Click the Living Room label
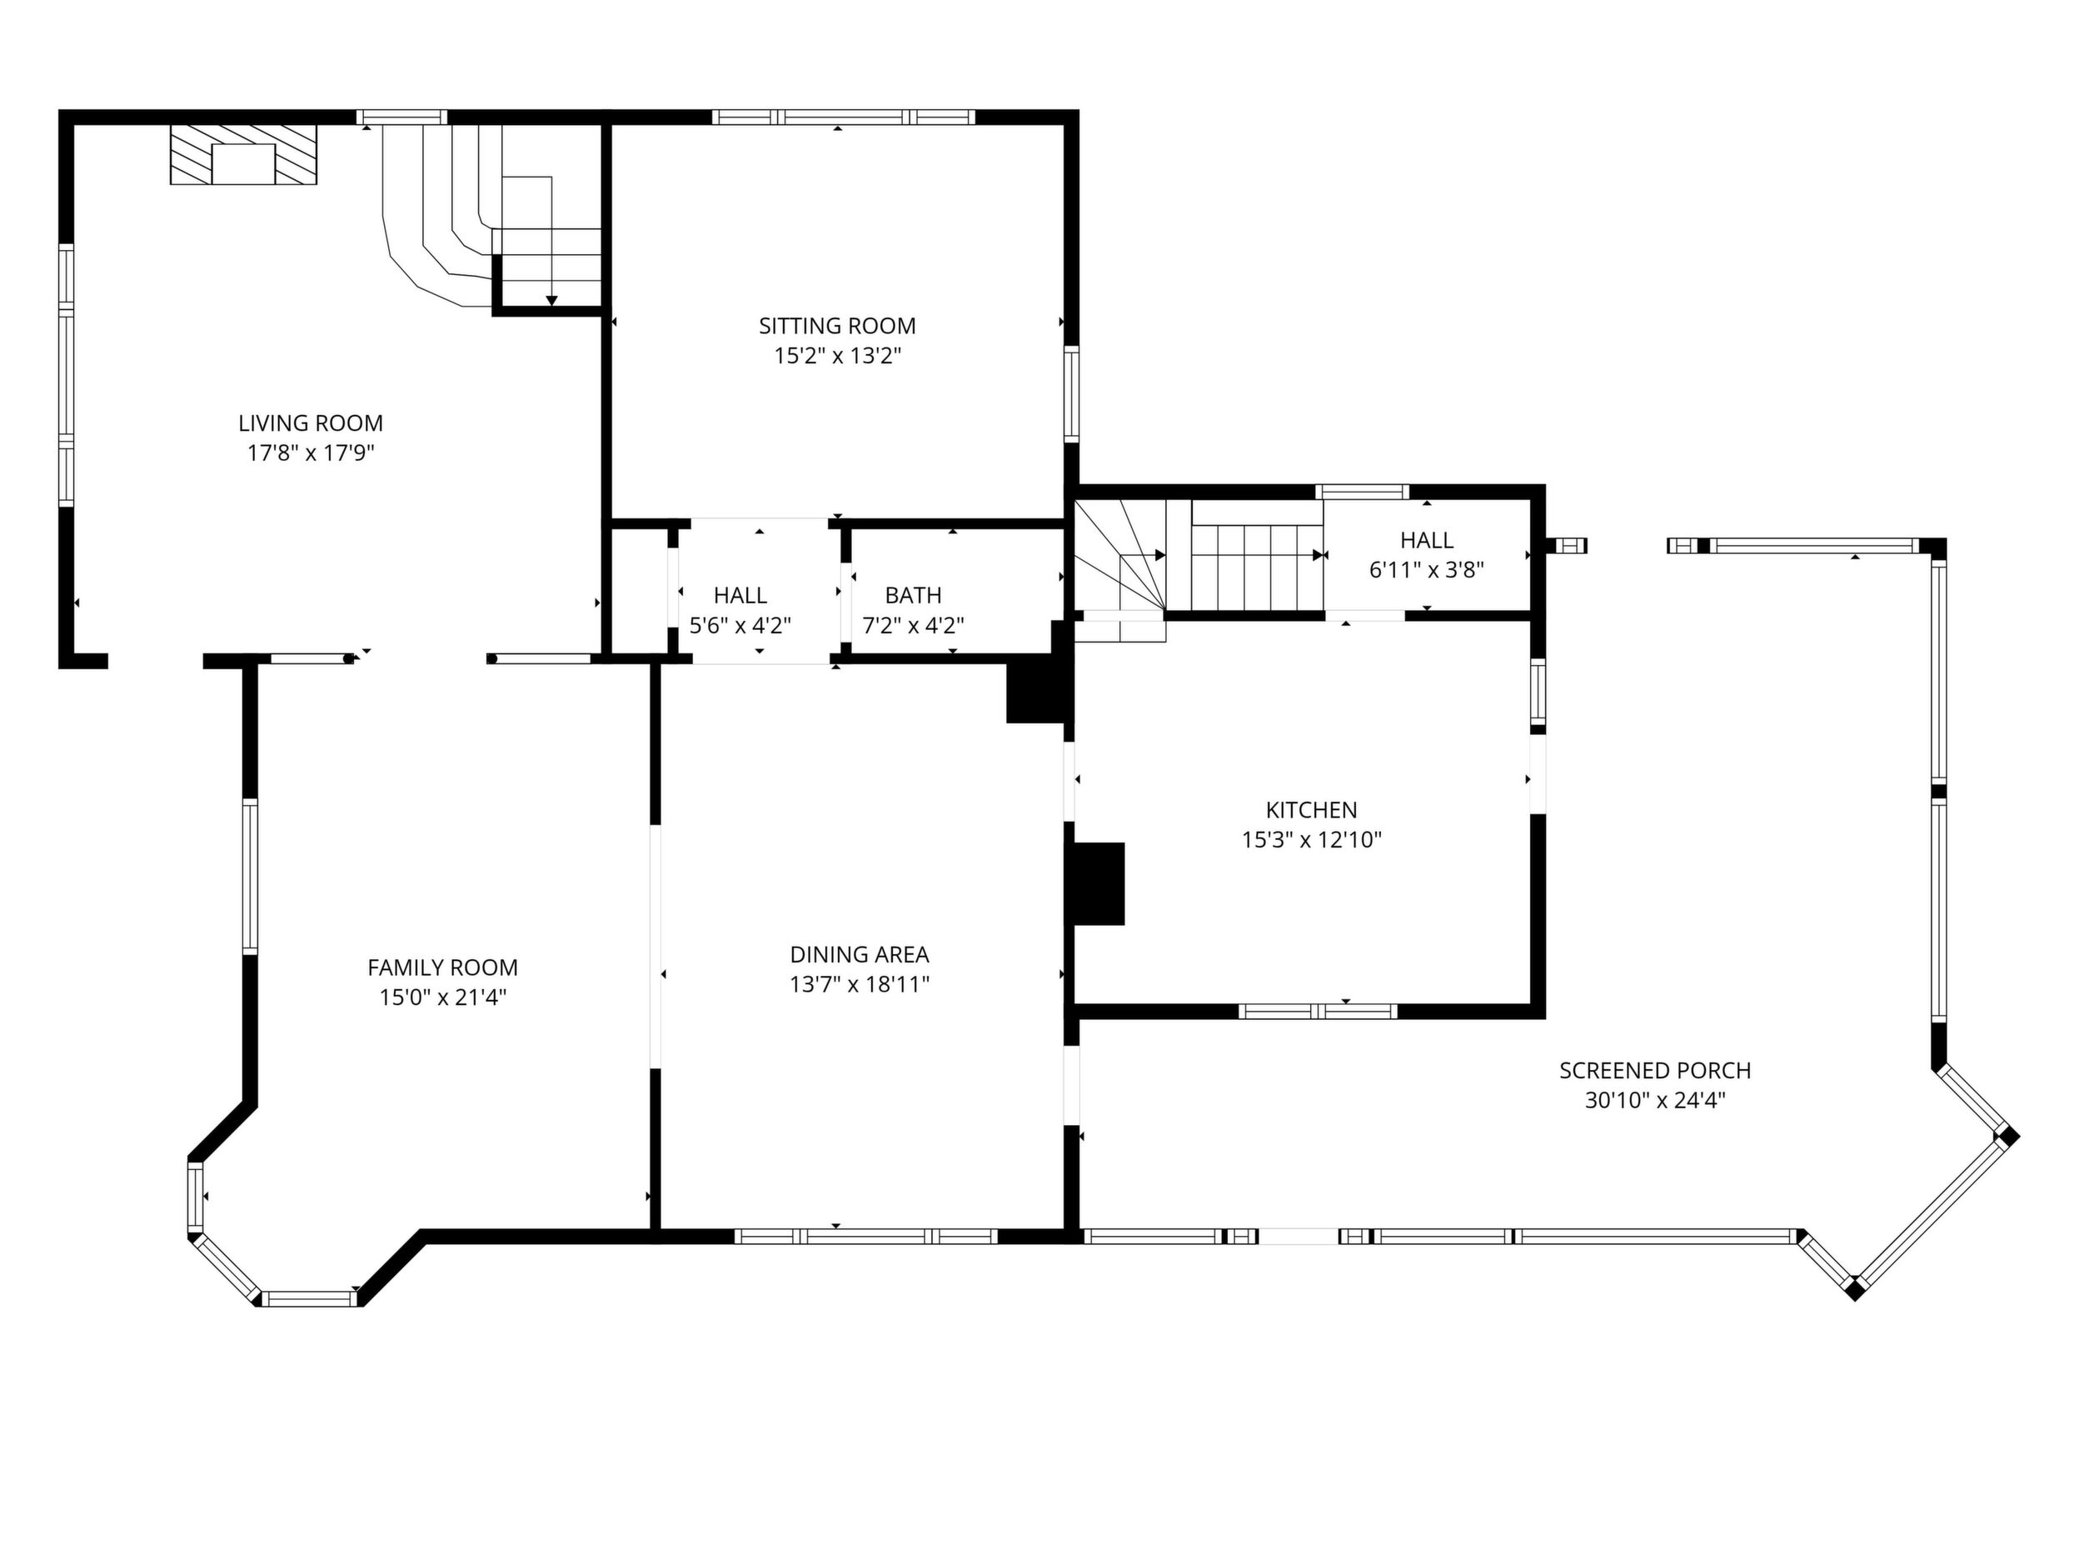click(310, 423)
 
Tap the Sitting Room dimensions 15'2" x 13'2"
click(837, 356)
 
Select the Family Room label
click(442, 967)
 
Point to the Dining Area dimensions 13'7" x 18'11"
click(859, 983)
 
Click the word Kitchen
click(1311, 810)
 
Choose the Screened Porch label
click(1655, 1070)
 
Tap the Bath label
click(914, 595)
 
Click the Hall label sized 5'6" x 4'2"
click(740, 595)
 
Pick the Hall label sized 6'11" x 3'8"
click(1427, 540)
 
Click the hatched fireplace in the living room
click(243, 154)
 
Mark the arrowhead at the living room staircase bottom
click(551, 301)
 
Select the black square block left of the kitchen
click(1099, 883)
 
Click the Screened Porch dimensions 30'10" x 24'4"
click(1655, 1100)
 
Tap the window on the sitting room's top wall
click(843, 117)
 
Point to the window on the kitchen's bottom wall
click(1318, 1012)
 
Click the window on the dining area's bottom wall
click(865, 1237)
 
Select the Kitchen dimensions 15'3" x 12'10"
click(1311, 840)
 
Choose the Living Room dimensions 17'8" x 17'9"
click(310, 453)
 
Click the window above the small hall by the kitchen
click(1362, 491)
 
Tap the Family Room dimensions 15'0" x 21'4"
click(442, 997)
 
